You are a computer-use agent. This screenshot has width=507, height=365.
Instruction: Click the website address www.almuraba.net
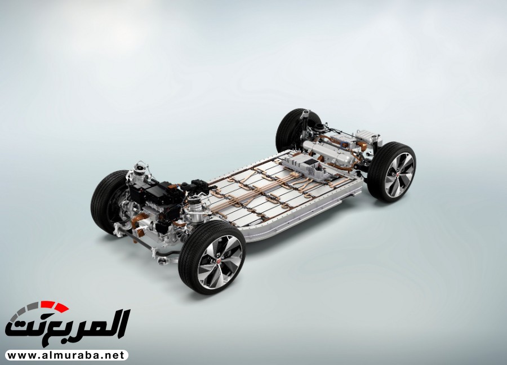point(66,355)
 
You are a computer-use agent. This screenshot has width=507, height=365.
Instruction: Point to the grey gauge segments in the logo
point(24,311)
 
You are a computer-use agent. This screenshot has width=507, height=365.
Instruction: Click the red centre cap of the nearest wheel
point(219,259)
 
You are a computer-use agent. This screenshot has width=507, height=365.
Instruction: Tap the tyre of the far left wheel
point(103,201)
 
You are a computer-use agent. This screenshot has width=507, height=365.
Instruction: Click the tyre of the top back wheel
point(290,130)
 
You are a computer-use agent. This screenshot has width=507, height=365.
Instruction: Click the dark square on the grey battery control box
point(312,162)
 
